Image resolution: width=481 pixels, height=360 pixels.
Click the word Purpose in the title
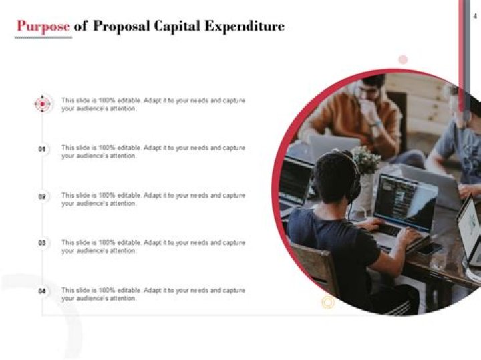[43, 27]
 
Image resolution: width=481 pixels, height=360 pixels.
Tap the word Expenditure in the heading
[251, 27]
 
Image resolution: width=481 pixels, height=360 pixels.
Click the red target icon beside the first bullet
[42, 104]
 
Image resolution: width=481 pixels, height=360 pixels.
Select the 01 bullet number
[42, 150]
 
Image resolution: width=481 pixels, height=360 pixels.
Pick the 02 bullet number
[42, 197]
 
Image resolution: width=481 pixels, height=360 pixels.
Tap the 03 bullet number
[42, 244]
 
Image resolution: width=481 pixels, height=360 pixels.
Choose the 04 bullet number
[42, 291]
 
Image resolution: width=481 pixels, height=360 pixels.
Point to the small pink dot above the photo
[403, 60]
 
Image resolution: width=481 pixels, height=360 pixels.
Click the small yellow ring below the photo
[327, 303]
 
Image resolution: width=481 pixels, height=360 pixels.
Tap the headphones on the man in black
[354, 184]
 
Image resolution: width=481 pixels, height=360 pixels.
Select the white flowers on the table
[366, 160]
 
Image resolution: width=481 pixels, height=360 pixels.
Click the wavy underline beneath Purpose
[43, 37]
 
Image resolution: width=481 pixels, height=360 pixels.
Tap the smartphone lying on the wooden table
[431, 248]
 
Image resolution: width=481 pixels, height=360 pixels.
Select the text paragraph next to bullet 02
[153, 199]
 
